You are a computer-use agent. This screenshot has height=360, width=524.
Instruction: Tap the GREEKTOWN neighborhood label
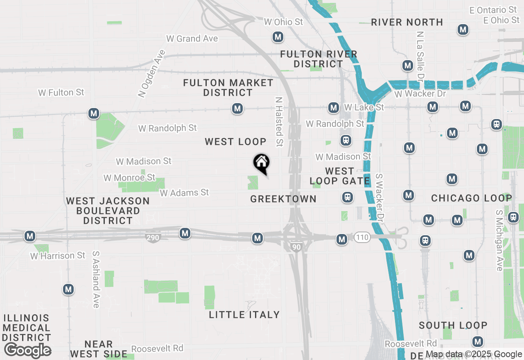283,199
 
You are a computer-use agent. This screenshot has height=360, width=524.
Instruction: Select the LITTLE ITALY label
244,315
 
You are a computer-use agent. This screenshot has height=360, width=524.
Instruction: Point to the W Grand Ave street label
192,39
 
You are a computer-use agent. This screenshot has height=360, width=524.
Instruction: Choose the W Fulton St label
61,93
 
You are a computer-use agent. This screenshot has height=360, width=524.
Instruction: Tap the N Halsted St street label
279,122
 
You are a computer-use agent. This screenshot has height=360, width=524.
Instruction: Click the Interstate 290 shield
152,237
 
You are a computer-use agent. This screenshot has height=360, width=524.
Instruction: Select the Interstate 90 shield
296,246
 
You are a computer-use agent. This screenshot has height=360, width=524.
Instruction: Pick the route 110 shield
362,237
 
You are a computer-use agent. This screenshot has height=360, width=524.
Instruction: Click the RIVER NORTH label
407,22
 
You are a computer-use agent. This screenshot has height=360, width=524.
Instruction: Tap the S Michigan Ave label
499,241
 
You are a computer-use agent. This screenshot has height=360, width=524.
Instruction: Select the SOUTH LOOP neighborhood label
453,326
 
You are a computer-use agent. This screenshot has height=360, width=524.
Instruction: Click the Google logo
27,350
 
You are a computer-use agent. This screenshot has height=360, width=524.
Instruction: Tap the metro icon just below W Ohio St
278,37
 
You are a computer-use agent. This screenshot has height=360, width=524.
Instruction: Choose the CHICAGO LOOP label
472,198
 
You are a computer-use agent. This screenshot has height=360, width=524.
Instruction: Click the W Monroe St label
129,178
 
